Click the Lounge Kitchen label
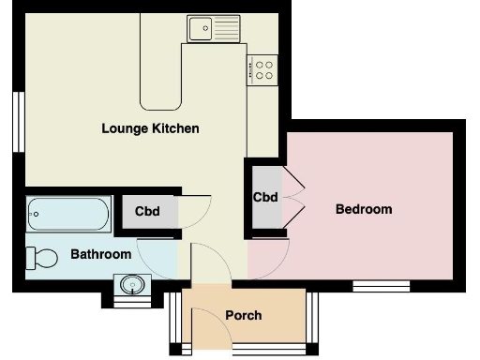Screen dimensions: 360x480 pyautogui.click(x=150, y=128)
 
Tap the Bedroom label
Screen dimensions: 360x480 pyautogui.click(x=363, y=209)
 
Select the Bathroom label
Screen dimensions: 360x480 pyautogui.click(x=100, y=254)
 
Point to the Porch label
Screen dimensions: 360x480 pyautogui.click(x=244, y=315)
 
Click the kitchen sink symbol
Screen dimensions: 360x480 pyautogui.click(x=213, y=29)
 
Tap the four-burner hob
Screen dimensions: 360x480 pyautogui.click(x=263, y=69)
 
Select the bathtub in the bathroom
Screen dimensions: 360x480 pyautogui.click(x=68, y=217)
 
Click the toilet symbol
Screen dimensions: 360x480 pyautogui.click(x=42, y=256)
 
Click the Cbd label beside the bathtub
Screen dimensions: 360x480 pyautogui.click(x=147, y=211)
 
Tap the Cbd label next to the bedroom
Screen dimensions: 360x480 pyautogui.click(x=265, y=198)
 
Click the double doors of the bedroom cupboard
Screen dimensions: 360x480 pyautogui.click(x=292, y=197)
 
